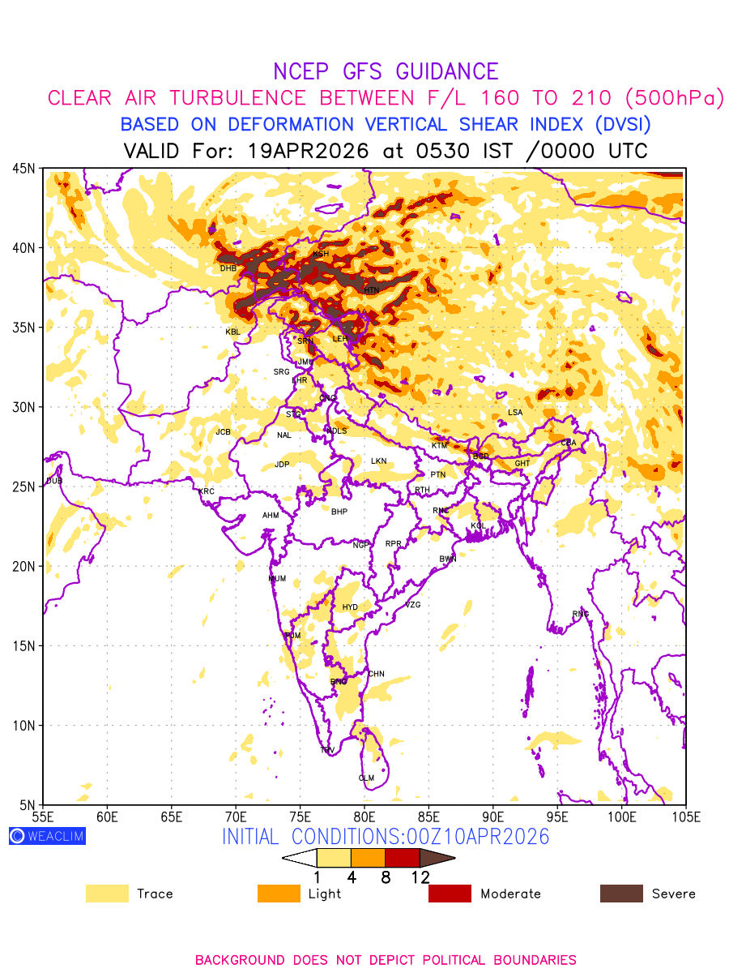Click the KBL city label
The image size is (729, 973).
click(x=232, y=332)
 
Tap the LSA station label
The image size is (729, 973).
click(x=515, y=413)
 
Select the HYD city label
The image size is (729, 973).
click(x=350, y=607)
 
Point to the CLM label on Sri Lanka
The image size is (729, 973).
click(x=366, y=778)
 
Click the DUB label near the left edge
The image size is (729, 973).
click(x=54, y=481)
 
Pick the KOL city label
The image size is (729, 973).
click(x=478, y=526)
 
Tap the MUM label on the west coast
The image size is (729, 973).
click(x=277, y=579)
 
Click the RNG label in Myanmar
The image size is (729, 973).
click(x=581, y=614)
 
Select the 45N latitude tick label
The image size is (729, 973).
click(x=23, y=168)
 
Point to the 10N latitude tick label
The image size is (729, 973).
click(x=23, y=726)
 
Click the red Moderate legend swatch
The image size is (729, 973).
click(x=450, y=894)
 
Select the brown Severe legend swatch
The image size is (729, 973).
click(x=621, y=894)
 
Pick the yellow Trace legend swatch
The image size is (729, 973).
click(x=107, y=894)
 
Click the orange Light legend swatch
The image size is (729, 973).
click(x=279, y=894)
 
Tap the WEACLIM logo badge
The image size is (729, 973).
click(x=47, y=836)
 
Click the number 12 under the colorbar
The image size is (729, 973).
click(x=420, y=877)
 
